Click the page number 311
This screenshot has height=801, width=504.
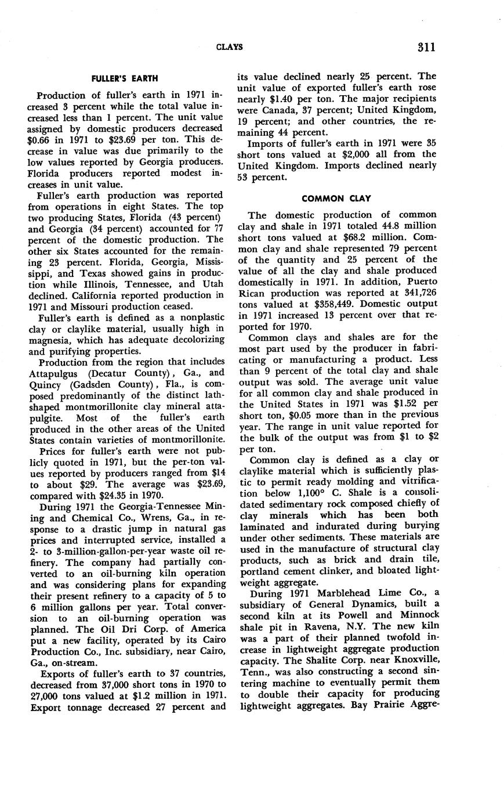pos(426,47)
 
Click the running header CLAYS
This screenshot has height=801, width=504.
pos(229,47)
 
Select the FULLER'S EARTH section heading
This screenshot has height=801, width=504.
pos(125,78)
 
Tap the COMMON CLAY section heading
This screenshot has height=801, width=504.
pos(336,199)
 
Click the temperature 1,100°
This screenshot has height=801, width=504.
pos(309,493)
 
